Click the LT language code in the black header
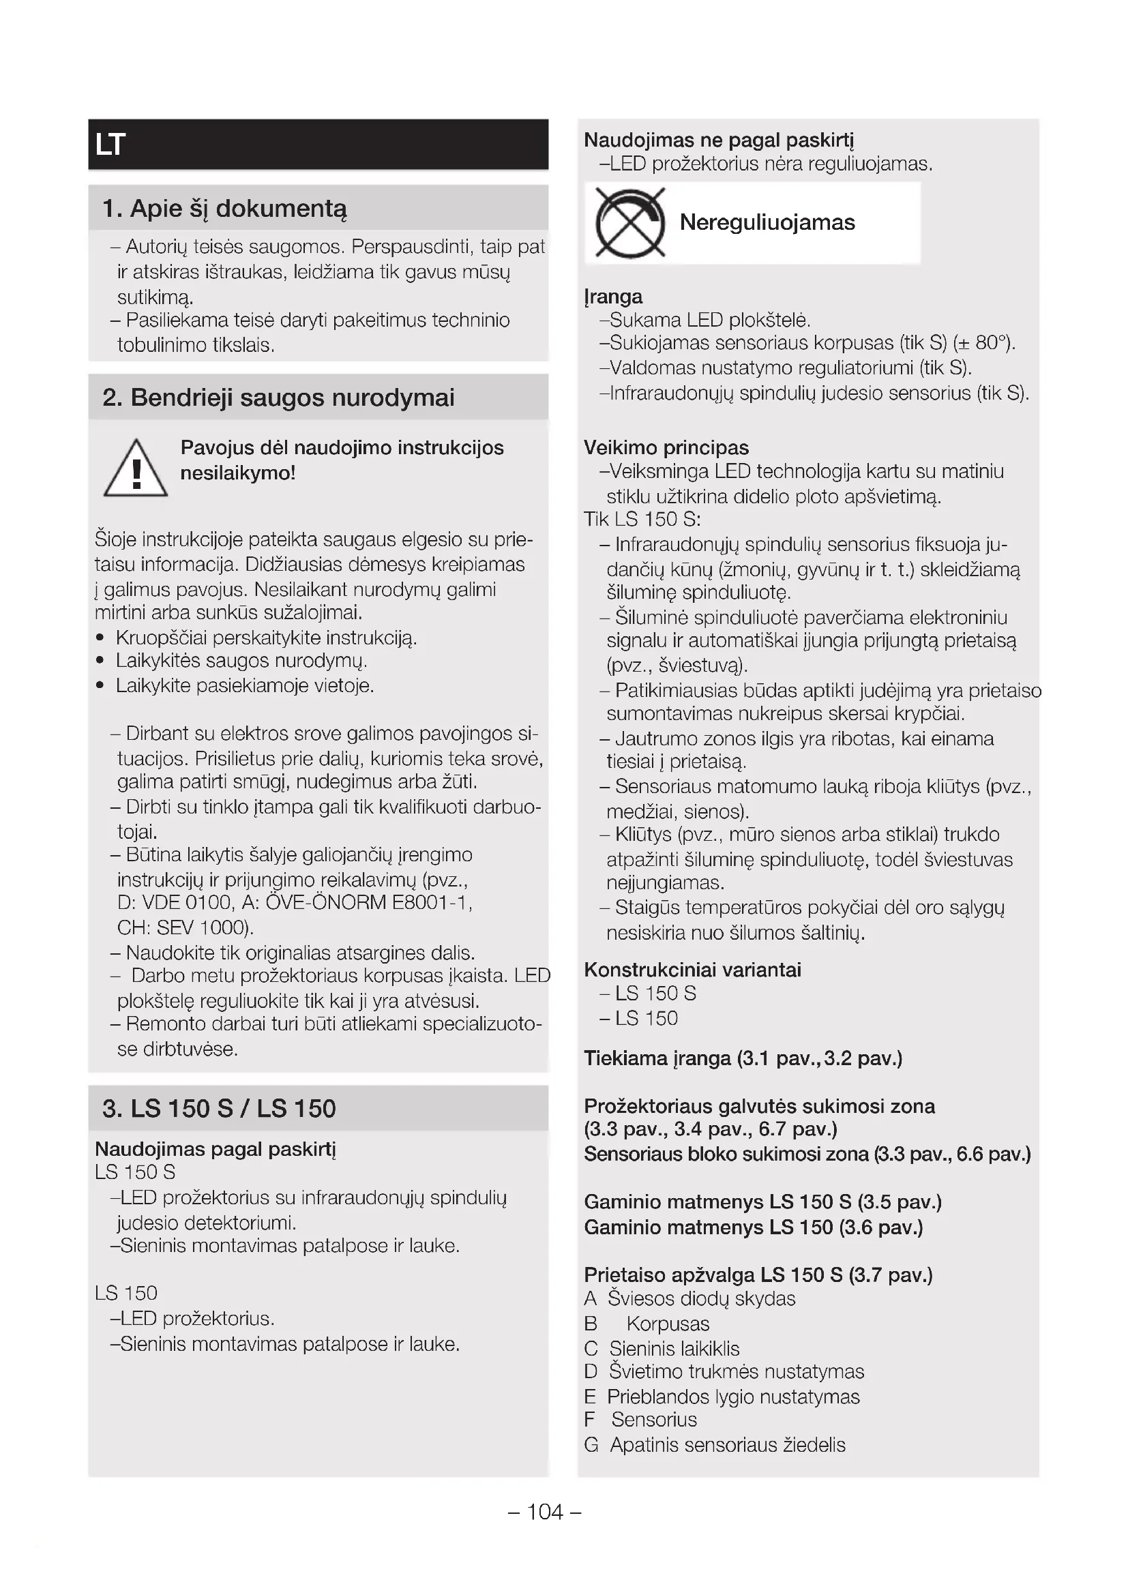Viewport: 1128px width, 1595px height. click(x=110, y=145)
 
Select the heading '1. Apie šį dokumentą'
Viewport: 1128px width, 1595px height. click(x=224, y=209)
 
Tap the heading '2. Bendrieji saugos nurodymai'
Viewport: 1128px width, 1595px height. click(x=278, y=398)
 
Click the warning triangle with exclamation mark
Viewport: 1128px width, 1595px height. click(x=136, y=469)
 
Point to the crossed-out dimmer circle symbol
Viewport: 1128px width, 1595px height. click(x=630, y=223)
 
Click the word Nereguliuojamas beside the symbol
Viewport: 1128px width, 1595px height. click(x=767, y=222)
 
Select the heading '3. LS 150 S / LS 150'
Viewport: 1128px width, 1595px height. click(x=219, y=1108)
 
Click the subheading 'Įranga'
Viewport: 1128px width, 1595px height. click(x=612, y=297)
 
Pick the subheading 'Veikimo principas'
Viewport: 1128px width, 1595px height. click(x=666, y=447)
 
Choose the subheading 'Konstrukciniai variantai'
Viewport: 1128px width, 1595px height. click(x=692, y=970)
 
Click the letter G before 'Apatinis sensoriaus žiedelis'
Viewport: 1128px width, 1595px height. click(x=591, y=1445)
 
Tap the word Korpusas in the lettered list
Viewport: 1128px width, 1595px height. click(x=668, y=1324)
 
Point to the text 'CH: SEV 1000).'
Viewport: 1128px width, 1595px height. click(x=185, y=927)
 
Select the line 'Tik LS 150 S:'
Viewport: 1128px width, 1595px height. click(x=642, y=520)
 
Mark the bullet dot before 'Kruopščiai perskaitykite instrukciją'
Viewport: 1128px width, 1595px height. click(x=101, y=638)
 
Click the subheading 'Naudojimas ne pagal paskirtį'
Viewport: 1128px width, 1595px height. click(x=718, y=140)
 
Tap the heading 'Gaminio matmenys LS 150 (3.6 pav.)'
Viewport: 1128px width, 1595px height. click(x=753, y=1227)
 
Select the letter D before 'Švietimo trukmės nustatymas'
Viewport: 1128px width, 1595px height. click(x=591, y=1371)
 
